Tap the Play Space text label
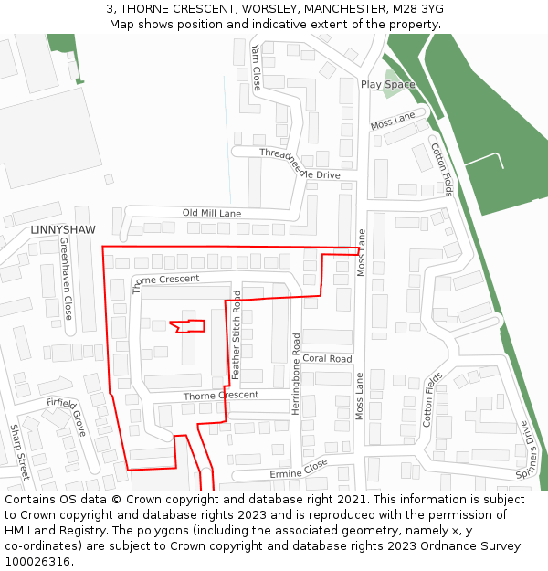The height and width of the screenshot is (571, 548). (387, 84)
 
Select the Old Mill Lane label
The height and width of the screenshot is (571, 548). (212, 213)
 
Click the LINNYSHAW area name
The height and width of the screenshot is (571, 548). (62, 229)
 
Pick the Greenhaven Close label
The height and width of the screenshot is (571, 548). (67, 279)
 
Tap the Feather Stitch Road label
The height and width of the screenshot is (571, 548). (237, 334)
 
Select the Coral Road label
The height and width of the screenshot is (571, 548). (327, 359)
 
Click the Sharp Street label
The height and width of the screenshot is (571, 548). (19, 451)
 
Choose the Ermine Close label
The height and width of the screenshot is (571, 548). (298, 469)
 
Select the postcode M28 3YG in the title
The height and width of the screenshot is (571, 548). (413, 8)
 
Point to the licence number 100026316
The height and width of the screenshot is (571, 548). (38, 561)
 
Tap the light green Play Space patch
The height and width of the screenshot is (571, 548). (392, 83)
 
